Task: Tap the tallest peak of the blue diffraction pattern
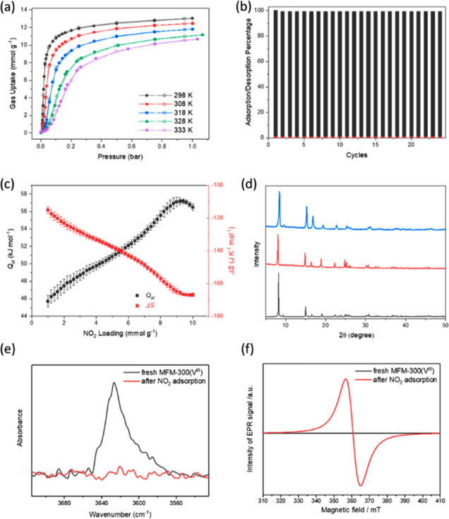(280, 192)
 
